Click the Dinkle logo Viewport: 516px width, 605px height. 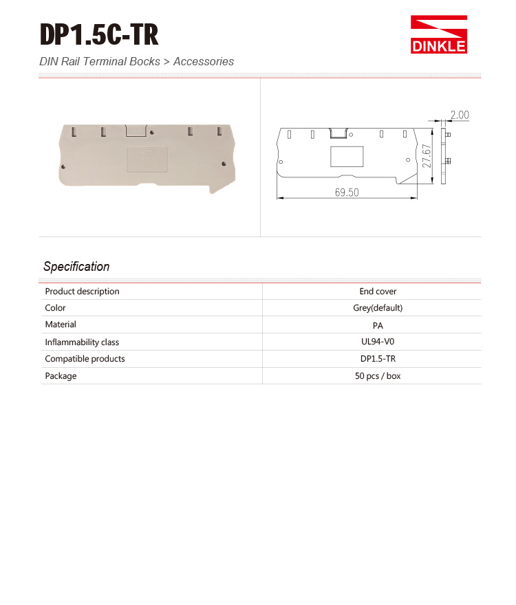point(439,35)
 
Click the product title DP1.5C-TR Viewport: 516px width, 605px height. point(99,34)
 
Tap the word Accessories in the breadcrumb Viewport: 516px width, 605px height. point(204,62)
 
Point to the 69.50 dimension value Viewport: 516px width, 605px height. point(347,192)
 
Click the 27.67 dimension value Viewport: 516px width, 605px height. point(427,156)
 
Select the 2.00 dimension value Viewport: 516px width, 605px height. point(460,115)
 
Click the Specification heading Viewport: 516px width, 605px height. point(76,267)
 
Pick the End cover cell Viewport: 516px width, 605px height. point(378,291)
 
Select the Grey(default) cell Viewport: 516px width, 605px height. point(378,308)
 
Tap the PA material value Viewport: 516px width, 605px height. point(378,325)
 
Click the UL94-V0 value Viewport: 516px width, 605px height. point(378,342)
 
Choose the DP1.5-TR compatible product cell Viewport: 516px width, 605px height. point(378,359)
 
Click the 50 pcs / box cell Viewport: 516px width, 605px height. point(378,376)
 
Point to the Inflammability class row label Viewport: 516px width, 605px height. point(82,342)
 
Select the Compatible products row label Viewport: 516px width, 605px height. point(85,359)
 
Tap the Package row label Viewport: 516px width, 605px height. point(61,376)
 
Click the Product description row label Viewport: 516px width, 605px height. point(83,291)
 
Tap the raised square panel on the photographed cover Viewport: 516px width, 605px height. point(148,158)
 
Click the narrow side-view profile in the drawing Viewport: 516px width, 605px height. point(444,155)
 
